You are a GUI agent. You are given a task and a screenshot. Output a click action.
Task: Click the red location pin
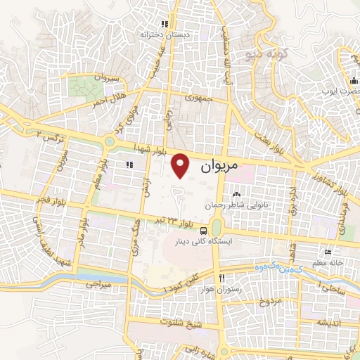pos(181,165)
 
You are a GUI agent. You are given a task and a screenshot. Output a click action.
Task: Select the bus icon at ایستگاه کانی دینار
pos(203,230)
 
